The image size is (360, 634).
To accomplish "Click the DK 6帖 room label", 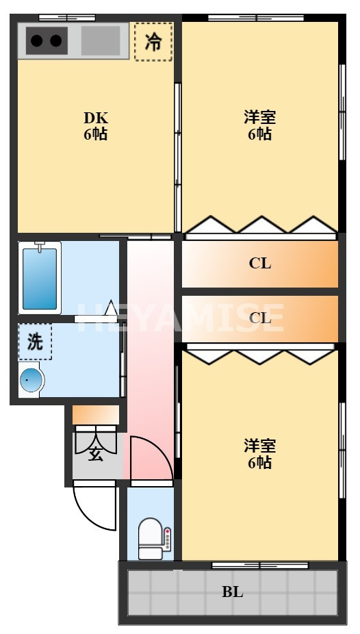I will [95, 125].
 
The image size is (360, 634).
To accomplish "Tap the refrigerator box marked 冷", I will [153, 41].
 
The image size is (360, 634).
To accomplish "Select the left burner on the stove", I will [37, 41].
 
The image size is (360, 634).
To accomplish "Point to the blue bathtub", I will [40, 279].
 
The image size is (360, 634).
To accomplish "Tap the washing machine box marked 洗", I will [35, 342].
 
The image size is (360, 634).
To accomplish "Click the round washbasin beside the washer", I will [30, 381].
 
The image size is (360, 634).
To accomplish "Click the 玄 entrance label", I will [96, 453].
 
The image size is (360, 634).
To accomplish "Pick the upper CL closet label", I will [259, 263].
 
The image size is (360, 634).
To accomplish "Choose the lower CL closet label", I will [259, 318].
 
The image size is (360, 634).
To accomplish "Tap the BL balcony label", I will [232, 592].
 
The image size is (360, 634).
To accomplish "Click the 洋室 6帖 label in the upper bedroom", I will [259, 125].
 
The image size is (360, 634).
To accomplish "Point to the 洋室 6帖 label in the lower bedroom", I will [259, 454].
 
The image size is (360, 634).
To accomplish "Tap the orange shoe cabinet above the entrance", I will [96, 415].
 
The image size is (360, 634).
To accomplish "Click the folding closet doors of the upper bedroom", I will [260, 226].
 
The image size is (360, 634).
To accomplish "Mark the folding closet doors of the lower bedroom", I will [260, 357].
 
